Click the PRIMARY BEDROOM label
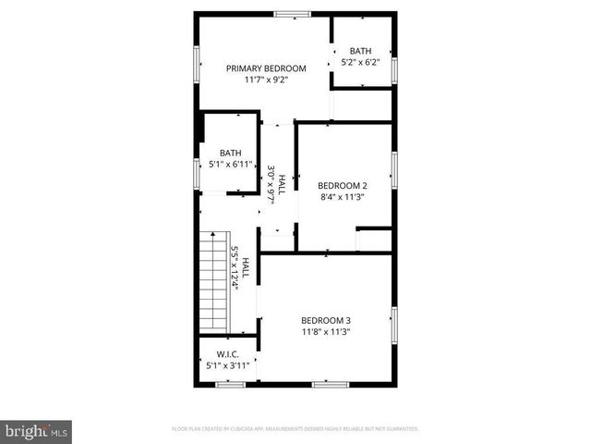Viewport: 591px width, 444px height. click(x=266, y=68)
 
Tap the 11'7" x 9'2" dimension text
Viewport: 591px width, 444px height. click(x=266, y=80)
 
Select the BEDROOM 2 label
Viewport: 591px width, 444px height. click(x=343, y=185)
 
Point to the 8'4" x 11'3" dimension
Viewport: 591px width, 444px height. click(x=343, y=196)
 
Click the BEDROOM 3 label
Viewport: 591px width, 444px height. click(x=325, y=320)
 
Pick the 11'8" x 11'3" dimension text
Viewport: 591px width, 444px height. click(x=325, y=331)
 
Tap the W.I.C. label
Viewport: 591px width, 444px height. click(x=228, y=355)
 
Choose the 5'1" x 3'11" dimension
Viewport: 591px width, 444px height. click(x=228, y=366)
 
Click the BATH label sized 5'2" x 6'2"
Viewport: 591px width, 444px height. click(x=360, y=52)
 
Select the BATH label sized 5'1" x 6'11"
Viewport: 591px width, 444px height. click(x=230, y=154)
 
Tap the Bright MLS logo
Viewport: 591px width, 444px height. click(x=36, y=431)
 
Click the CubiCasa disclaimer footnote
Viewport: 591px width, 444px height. click(x=295, y=429)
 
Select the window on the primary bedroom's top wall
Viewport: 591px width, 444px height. click(x=292, y=13)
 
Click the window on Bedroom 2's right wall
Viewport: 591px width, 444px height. click(x=394, y=170)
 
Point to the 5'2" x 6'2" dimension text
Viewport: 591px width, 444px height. click(x=360, y=63)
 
